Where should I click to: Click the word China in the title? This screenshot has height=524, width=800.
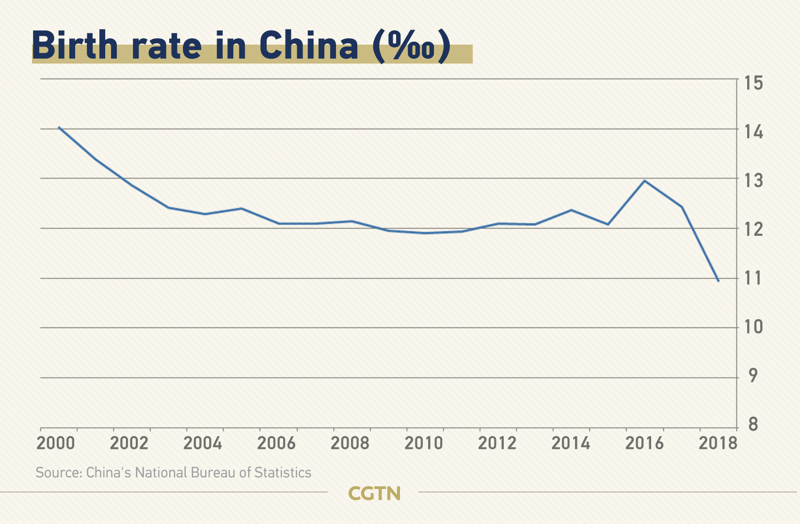coord(308,46)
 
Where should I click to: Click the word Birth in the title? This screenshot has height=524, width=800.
coord(75,46)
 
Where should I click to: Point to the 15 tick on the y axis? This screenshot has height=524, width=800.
coord(753,83)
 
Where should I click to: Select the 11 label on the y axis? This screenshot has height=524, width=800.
coord(753,278)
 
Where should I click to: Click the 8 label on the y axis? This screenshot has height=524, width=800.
coord(753,425)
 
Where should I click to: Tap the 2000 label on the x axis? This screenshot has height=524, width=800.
coord(56,443)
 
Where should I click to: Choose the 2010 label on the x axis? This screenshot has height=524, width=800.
coord(424,443)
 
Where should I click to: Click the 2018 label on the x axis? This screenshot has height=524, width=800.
coord(718,443)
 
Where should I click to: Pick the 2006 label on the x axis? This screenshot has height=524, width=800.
coord(276,443)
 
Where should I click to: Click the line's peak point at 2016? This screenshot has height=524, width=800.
coord(644,181)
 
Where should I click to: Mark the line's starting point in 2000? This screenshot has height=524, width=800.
coord(59,128)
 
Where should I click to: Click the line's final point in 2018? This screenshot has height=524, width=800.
coord(718,280)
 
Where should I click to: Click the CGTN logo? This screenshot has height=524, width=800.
coord(374,493)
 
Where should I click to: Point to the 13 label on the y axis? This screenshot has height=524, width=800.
coord(753,180)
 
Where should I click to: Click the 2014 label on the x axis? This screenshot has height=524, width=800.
coord(571,443)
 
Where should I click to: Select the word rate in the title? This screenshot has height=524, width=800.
coord(166,46)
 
